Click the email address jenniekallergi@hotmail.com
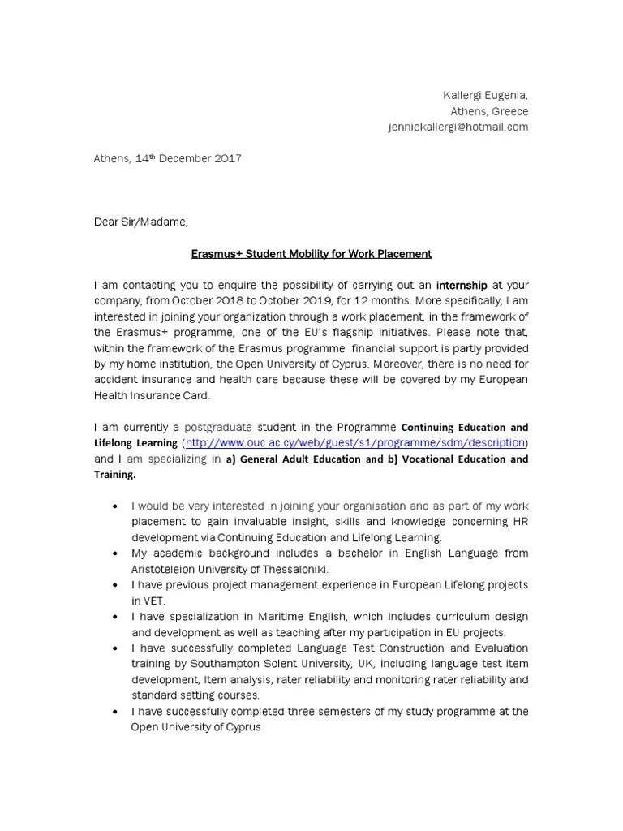pyautogui.click(x=458, y=127)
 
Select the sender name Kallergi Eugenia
pyautogui.click(x=485, y=96)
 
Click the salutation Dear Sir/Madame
pyautogui.click(x=140, y=222)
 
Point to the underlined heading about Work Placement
pyautogui.click(x=311, y=254)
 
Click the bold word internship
pyautogui.click(x=462, y=285)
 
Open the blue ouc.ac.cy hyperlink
pyautogui.click(x=355, y=442)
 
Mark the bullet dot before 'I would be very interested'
pyautogui.click(x=118, y=505)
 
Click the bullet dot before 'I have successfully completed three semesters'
pyautogui.click(x=118, y=711)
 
